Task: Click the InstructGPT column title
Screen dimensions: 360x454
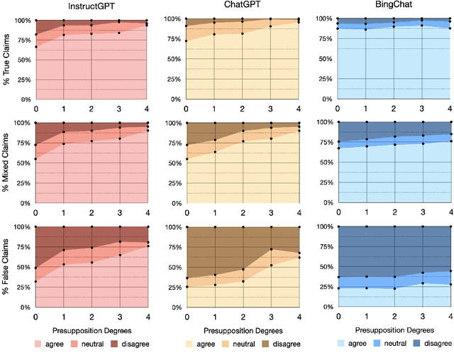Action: (92, 6)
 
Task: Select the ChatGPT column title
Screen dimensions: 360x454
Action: (240, 6)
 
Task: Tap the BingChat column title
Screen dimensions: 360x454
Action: (395, 6)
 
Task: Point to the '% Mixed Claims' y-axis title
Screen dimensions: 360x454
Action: (6, 163)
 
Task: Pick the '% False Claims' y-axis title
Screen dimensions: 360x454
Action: (6, 267)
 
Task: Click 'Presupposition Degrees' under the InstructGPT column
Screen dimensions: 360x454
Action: (92, 332)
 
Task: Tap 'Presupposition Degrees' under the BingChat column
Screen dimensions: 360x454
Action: (395, 332)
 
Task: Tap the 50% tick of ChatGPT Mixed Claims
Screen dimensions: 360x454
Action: (172, 163)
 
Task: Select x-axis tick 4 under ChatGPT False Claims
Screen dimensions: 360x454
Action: (299, 315)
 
